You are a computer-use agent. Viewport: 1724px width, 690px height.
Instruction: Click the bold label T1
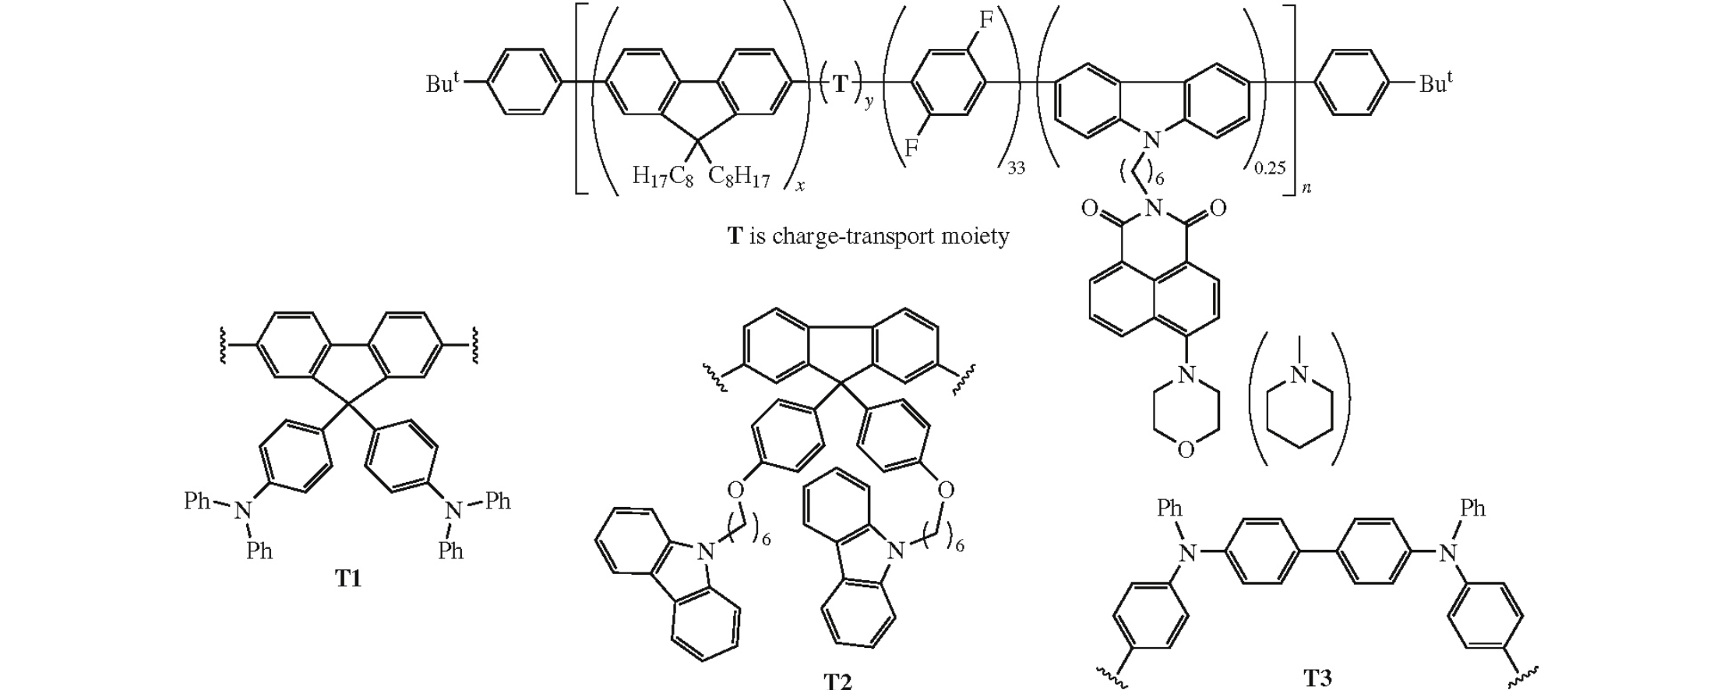348,579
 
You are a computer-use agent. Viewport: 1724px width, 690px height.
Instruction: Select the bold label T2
837,681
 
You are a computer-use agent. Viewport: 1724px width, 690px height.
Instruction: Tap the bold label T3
1317,677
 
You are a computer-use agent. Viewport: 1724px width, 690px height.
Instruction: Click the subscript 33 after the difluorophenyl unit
1016,168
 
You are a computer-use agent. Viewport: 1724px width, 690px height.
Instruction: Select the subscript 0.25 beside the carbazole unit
1269,167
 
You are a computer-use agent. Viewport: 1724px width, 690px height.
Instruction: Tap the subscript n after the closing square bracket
1306,188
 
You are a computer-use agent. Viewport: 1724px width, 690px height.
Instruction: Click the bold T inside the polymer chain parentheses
841,84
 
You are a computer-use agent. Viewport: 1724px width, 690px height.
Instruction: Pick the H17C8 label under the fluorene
662,178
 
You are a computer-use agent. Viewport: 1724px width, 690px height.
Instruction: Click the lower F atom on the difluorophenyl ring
911,147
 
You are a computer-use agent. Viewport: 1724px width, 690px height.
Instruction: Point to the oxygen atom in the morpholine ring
1186,450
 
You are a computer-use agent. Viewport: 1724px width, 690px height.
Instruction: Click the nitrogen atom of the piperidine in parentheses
1299,375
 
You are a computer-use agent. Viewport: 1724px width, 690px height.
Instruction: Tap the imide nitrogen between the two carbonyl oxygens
1155,208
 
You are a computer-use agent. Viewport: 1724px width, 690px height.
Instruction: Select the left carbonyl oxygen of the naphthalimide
1089,208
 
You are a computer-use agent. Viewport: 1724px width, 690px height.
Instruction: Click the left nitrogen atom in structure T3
1186,554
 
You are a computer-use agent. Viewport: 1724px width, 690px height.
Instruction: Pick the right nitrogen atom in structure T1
453,510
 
